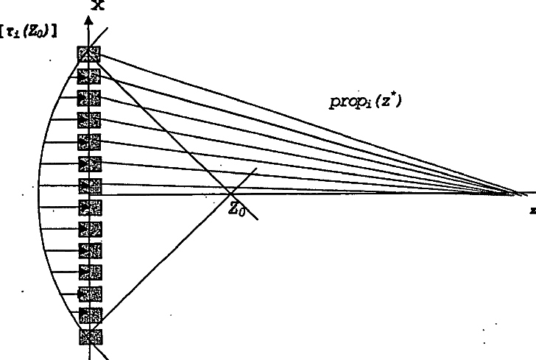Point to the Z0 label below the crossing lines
coord(236,209)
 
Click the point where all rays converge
coord(518,194)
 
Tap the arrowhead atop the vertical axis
coord(89,20)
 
